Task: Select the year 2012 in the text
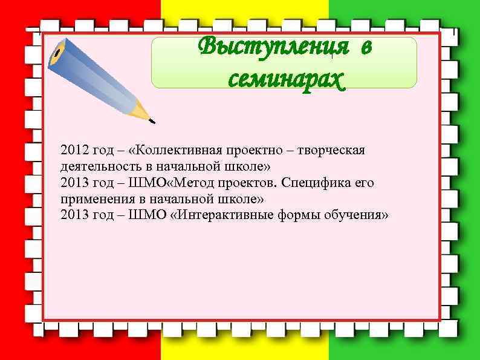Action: click(x=74, y=149)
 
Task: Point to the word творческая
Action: click(x=334, y=149)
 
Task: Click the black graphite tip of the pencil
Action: click(x=151, y=120)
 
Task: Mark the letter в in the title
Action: click(x=365, y=48)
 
